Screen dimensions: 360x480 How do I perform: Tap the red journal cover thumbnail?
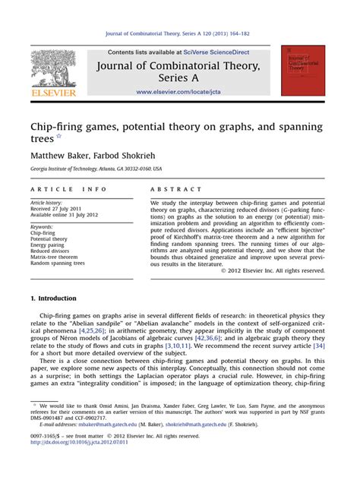[303, 70]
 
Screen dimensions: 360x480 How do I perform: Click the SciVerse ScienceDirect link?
[228, 52]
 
